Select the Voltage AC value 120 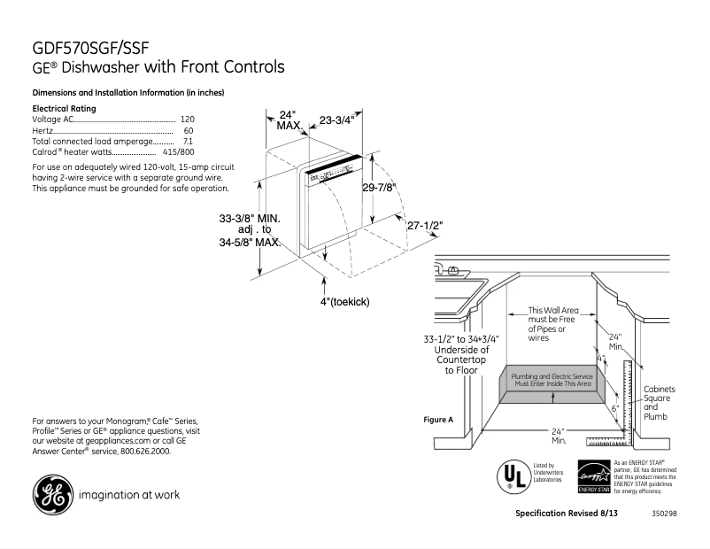point(187,119)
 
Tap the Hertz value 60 point(189,130)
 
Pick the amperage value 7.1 point(188,141)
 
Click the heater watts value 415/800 point(179,152)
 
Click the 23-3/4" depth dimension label point(337,120)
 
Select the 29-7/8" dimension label point(379,188)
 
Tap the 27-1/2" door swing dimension point(425,226)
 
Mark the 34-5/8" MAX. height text point(251,242)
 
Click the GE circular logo point(52,494)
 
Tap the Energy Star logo point(592,477)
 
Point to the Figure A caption point(439,419)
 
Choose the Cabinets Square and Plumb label point(659,402)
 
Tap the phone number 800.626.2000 point(135,451)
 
